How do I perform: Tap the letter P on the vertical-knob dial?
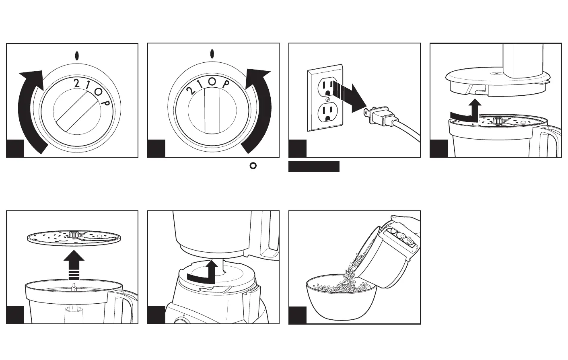(226, 84)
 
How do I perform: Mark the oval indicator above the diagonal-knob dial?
(76, 55)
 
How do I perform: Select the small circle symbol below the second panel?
(253, 165)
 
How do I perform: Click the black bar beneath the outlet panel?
(314, 167)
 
